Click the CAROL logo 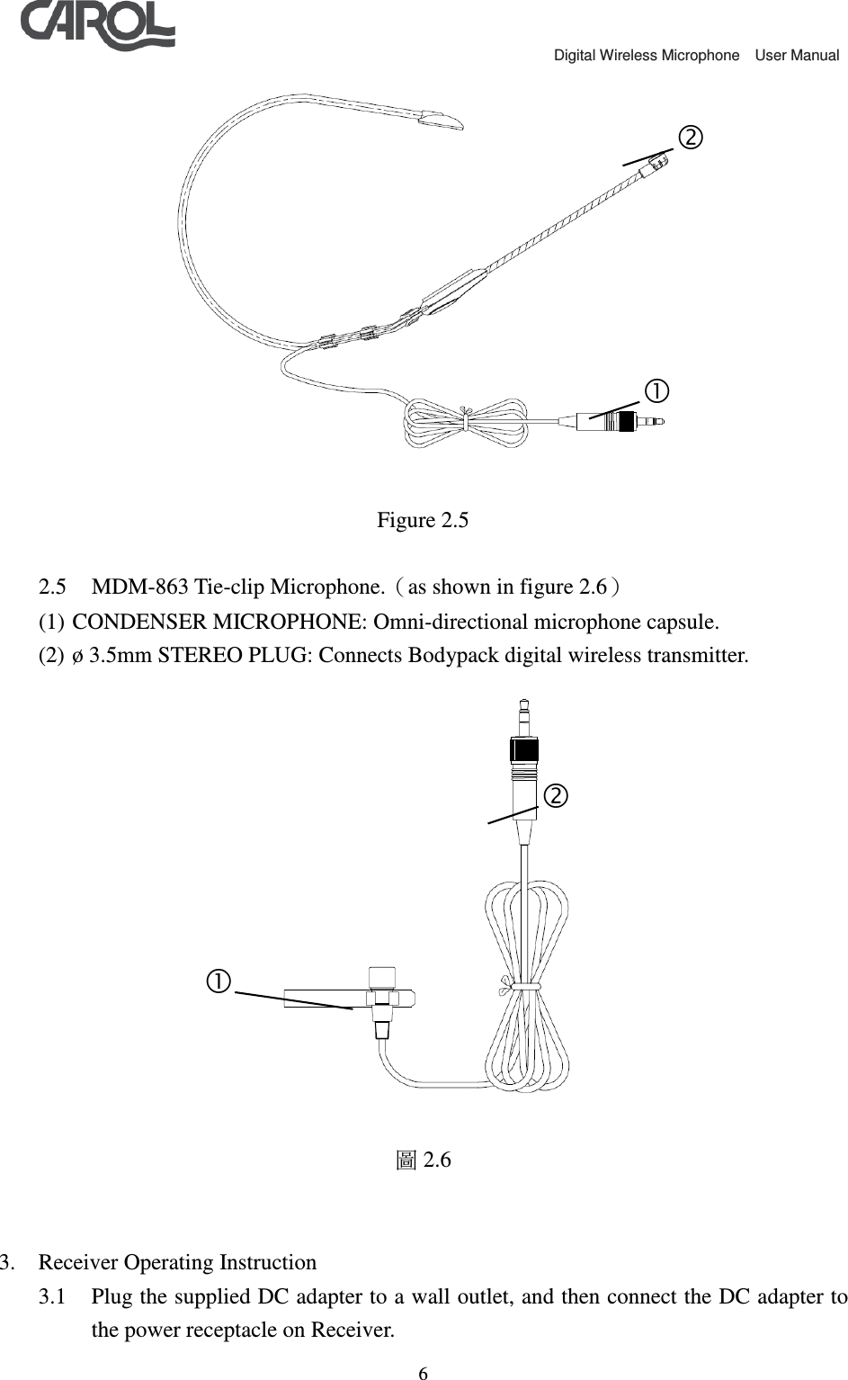pyautogui.click(x=97, y=26)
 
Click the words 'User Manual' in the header pyautogui.click(x=797, y=56)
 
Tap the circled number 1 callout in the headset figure pyautogui.click(x=656, y=390)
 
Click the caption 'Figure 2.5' pyautogui.click(x=423, y=520)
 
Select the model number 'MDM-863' pyautogui.click(x=135, y=587)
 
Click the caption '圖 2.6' pyautogui.click(x=424, y=1160)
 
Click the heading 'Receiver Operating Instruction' pyautogui.click(x=177, y=1262)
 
